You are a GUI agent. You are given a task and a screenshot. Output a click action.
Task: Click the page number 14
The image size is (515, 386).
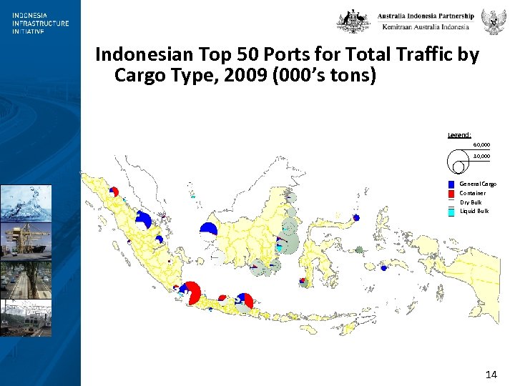491,375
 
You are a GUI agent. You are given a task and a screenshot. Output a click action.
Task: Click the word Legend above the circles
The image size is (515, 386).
458,134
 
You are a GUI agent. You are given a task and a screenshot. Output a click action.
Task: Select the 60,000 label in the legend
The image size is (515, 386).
481,145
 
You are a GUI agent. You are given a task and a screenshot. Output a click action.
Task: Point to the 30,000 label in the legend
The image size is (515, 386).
481,156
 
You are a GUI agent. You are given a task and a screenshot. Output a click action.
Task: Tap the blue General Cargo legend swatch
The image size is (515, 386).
451,184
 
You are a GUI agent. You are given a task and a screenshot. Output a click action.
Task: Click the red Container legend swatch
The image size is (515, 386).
451,193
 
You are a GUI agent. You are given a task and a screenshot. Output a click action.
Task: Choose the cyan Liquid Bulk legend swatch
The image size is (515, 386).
451,212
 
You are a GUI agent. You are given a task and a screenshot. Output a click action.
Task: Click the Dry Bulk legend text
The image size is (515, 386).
471,202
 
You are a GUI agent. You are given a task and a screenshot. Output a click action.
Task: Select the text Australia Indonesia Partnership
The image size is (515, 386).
426,16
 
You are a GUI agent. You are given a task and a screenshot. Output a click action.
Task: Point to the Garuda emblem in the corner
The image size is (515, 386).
493,21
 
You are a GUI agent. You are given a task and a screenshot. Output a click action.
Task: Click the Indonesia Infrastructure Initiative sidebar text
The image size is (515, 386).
40,23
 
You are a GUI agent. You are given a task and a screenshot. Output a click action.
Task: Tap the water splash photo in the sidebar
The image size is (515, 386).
26,202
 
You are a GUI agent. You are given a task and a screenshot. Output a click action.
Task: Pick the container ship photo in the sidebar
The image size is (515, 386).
26,240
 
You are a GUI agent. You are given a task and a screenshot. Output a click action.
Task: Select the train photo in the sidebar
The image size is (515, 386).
26,317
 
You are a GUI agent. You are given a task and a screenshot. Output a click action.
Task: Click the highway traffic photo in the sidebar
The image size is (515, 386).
26,279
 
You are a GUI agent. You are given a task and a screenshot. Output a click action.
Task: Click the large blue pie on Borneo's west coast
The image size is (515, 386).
208,228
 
